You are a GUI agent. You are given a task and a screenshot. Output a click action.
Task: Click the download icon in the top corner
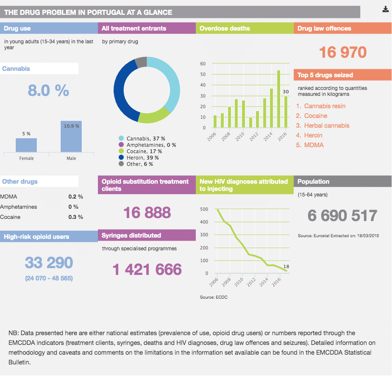[385, 9]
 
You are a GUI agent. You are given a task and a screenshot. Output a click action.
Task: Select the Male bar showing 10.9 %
[71, 137]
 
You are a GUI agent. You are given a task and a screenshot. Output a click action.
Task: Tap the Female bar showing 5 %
[26, 145]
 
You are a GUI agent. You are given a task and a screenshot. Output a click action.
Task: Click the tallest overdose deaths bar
[278, 99]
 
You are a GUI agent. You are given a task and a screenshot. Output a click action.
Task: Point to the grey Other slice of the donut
[141, 62]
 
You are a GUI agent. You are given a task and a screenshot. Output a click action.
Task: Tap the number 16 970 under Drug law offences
[342, 52]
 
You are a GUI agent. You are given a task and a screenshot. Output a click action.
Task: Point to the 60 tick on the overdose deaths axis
[203, 64]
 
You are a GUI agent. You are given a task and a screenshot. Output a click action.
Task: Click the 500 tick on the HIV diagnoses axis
[204, 209]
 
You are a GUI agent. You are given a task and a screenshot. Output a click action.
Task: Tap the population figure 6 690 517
[342, 216]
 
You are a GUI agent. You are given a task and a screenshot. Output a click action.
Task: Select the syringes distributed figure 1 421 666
[147, 269]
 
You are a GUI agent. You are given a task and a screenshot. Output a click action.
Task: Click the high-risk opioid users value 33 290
[49, 263]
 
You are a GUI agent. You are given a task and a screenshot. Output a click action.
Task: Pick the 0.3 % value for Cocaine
[75, 217]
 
